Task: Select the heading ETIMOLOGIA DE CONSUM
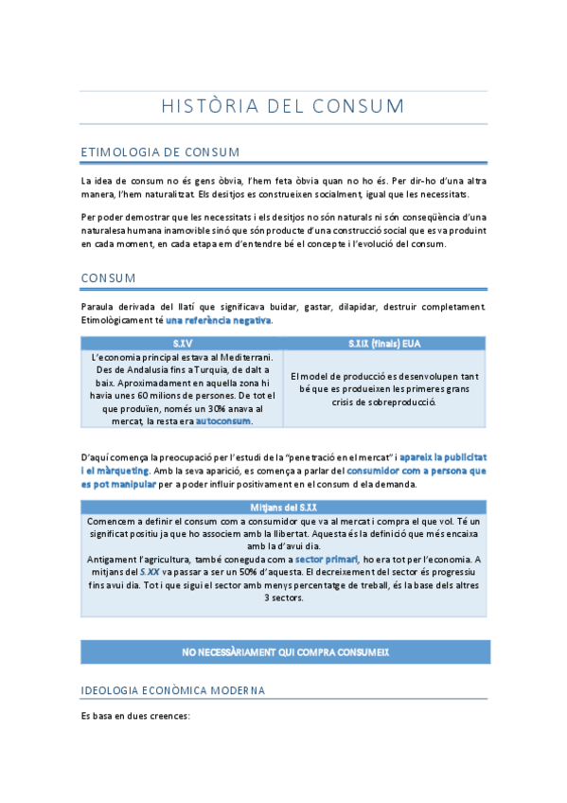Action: pyautogui.click(x=160, y=152)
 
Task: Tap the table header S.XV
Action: pyautogui.click(x=183, y=343)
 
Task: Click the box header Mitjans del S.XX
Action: pyautogui.click(x=284, y=508)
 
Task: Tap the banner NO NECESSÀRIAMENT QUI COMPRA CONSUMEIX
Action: pyautogui.click(x=285, y=652)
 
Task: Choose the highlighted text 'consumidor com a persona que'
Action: pyautogui.click(x=416, y=470)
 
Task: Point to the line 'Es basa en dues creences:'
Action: pyautogui.click(x=136, y=716)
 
